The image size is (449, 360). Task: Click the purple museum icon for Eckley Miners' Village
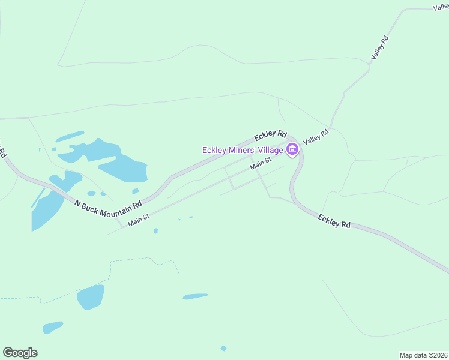coord(292,149)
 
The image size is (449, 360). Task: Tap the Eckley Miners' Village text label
coord(242,150)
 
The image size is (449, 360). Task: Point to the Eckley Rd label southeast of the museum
coord(334,221)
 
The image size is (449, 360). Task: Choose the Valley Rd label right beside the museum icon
coord(316,137)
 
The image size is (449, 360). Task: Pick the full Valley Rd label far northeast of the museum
coord(381,47)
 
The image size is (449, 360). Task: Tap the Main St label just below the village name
coord(261,162)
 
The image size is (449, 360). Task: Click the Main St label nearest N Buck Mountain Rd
coord(138,220)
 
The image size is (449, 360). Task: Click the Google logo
coord(20,353)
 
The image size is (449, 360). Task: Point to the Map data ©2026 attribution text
coord(423,355)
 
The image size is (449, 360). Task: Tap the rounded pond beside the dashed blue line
coord(90,297)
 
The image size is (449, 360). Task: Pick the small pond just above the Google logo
coord(53,327)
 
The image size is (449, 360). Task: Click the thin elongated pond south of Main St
coord(195,296)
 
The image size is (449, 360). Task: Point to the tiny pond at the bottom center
coord(223,348)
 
